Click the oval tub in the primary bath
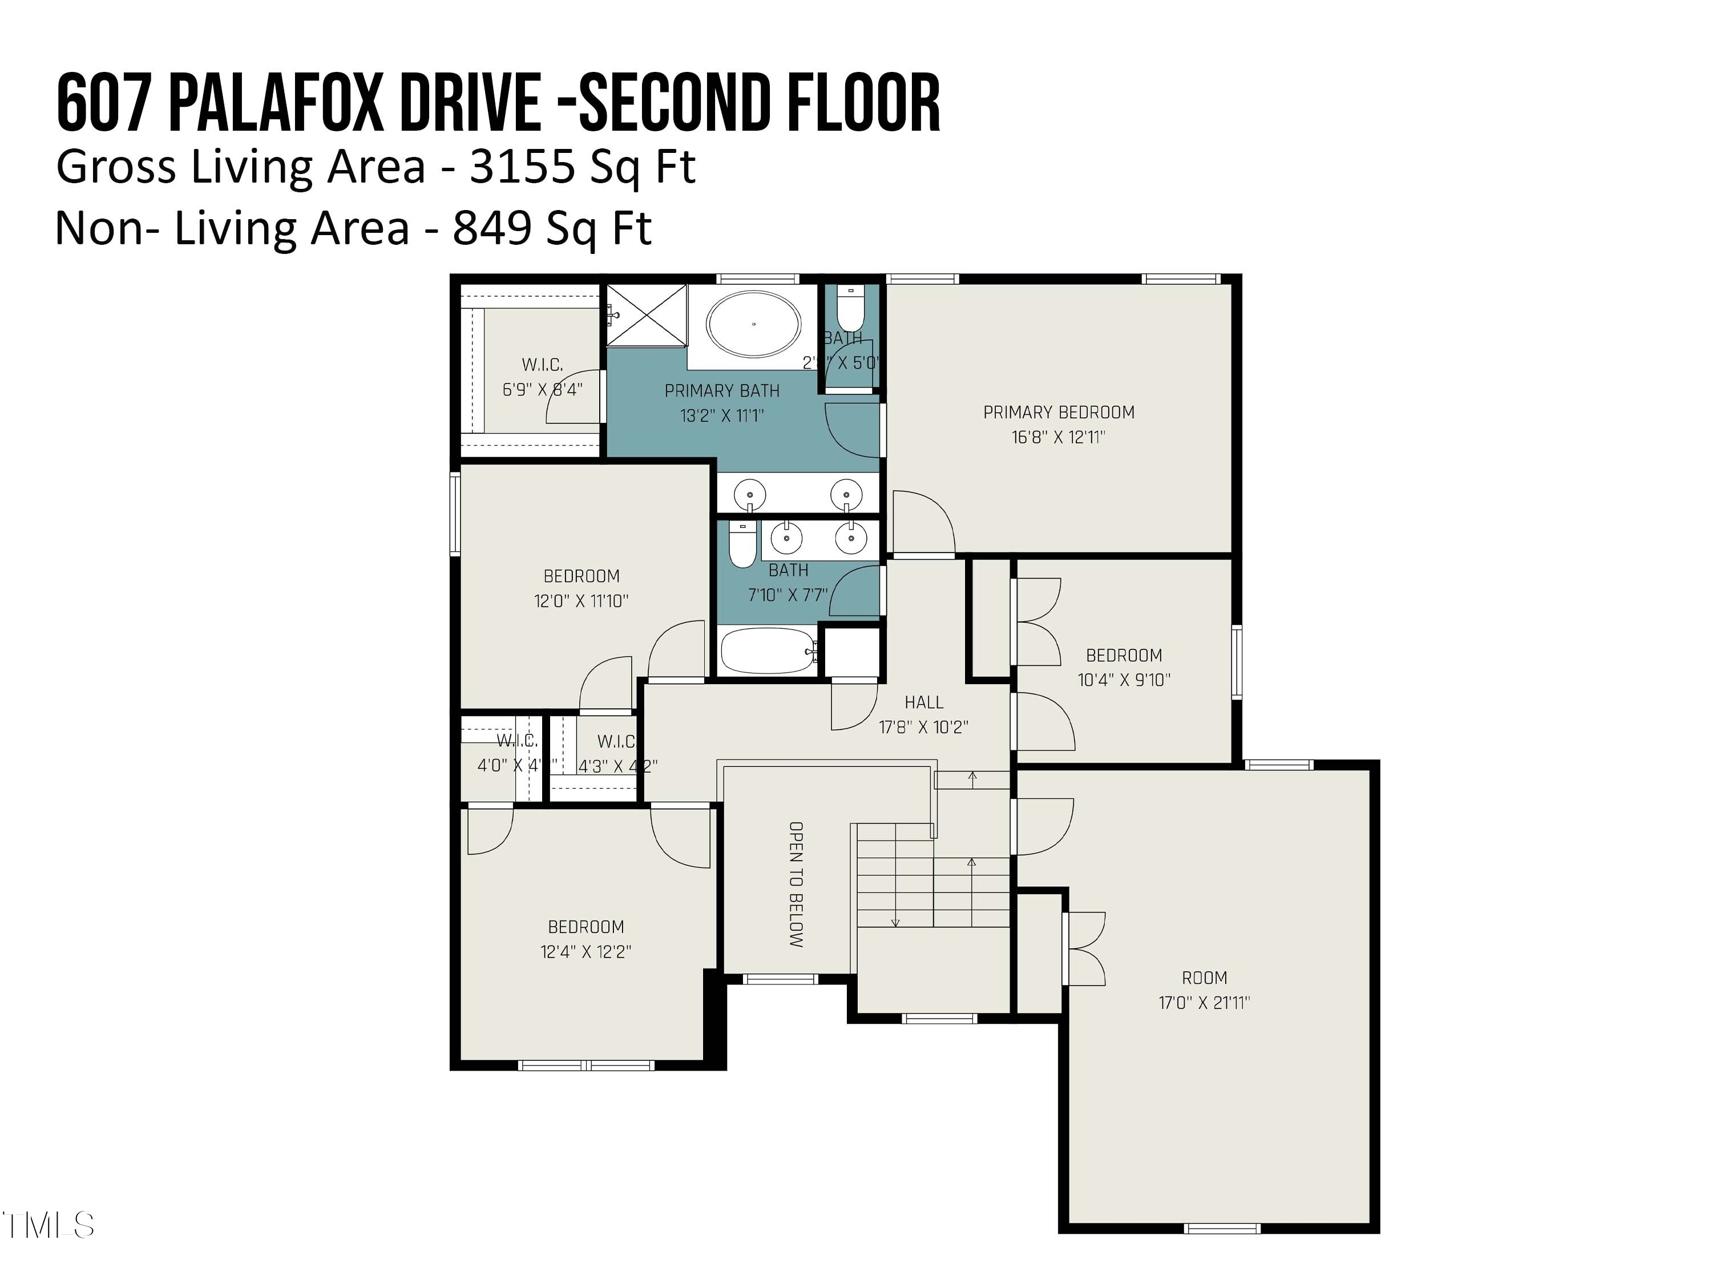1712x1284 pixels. (753, 324)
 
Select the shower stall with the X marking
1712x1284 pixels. (646, 315)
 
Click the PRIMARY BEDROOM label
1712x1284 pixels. (1058, 413)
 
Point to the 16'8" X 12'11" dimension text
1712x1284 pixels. (1058, 437)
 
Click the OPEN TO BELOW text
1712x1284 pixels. (796, 885)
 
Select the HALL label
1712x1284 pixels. (923, 702)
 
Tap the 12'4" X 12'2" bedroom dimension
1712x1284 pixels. (586, 952)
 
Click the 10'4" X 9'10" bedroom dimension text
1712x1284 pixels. (1124, 680)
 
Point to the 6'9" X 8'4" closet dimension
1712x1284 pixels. (542, 389)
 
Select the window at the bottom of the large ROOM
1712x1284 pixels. (1222, 1228)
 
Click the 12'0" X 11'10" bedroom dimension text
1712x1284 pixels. (582, 600)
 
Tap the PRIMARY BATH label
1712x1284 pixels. (721, 391)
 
